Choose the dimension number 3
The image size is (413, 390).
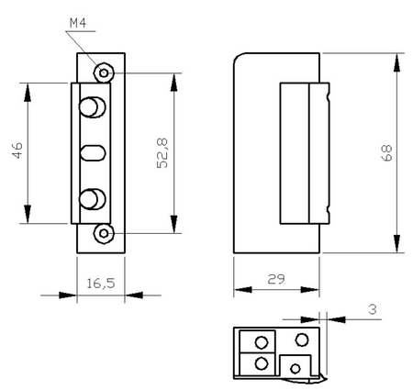point(372,311)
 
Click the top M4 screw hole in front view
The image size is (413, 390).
point(106,72)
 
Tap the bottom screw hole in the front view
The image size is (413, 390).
point(106,233)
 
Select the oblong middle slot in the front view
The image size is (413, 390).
point(95,152)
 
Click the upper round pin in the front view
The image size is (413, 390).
point(92,107)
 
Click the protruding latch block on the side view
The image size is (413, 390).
point(301,152)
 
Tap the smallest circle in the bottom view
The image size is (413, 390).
point(295,368)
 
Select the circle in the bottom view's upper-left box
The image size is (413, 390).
point(262,342)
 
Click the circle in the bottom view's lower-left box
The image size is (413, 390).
point(262,364)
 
